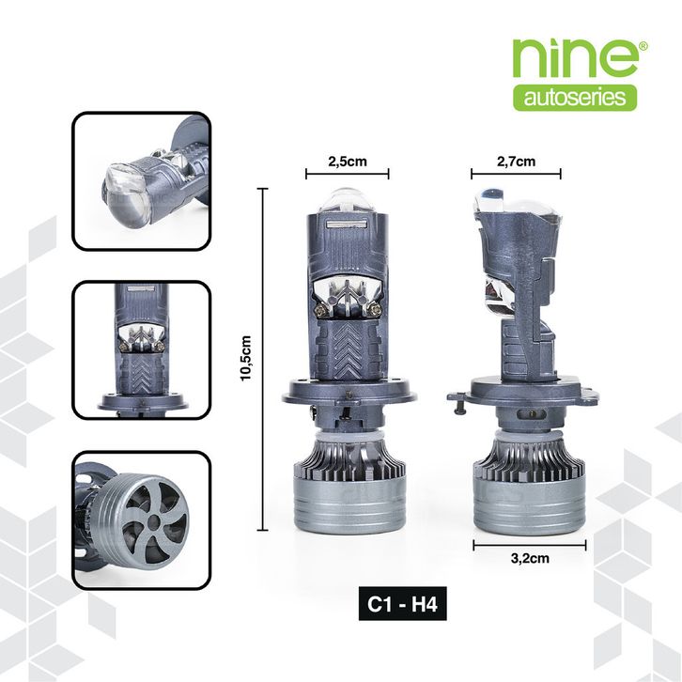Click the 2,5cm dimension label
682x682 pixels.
tap(347, 162)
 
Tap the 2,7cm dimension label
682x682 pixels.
tap(516, 162)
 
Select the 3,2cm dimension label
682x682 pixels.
tap(530, 558)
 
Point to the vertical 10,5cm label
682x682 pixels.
tap(246, 358)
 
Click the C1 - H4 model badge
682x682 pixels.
tap(402, 604)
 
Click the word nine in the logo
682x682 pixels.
tap(575, 58)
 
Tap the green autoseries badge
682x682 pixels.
tap(575, 98)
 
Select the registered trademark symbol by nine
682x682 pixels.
tap(643, 46)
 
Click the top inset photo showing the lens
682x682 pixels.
tap(141, 181)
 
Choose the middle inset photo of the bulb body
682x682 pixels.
tap(141, 350)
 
